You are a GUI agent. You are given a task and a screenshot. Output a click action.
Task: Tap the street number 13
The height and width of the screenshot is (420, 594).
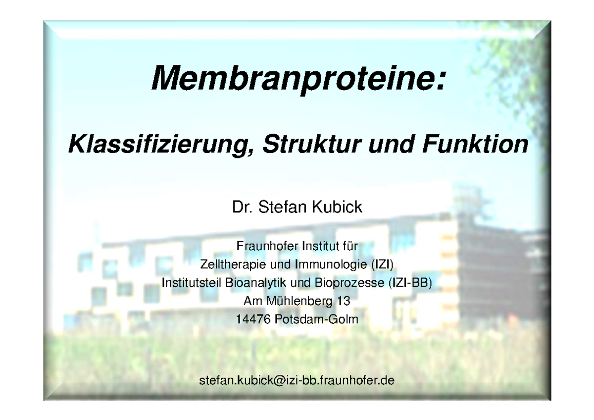click(344, 301)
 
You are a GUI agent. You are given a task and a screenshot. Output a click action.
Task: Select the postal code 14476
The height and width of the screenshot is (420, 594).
click(253, 320)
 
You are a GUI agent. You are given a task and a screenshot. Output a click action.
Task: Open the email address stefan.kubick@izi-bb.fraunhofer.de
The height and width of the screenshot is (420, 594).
click(297, 381)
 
